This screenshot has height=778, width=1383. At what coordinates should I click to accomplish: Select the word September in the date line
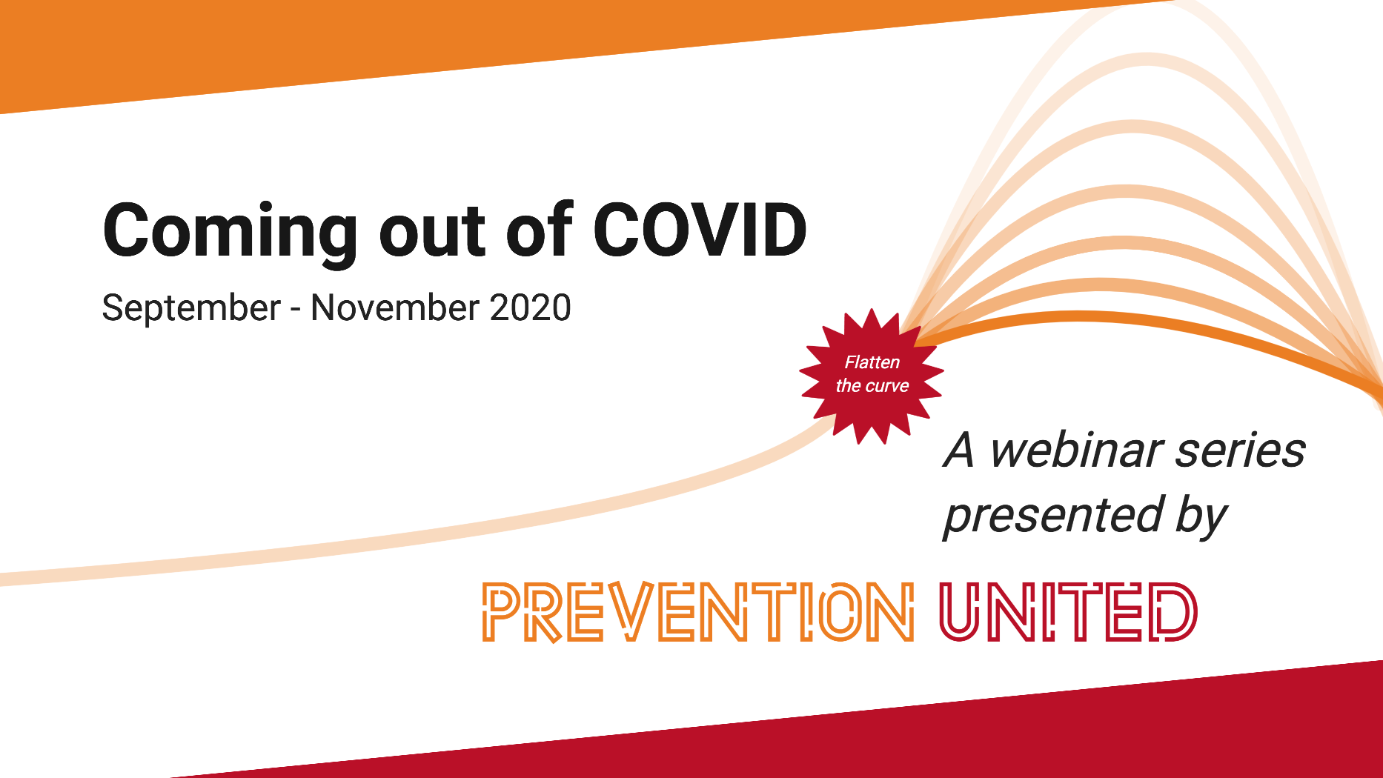(191, 309)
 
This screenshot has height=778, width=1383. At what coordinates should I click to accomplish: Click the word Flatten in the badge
(872, 362)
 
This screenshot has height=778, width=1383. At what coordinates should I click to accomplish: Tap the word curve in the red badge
(887, 386)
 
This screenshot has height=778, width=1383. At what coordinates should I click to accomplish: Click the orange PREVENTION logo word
(698, 612)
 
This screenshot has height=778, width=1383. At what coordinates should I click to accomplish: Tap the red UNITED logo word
(1068, 612)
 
